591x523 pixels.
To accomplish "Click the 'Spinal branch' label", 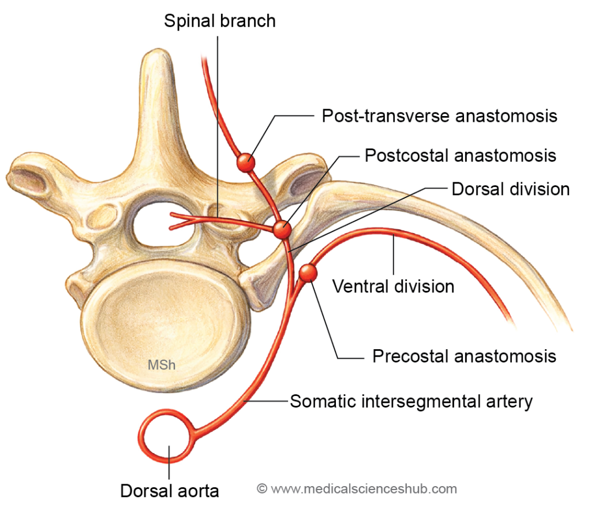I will pyautogui.click(x=219, y=21).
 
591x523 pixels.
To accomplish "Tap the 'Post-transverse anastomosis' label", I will pyautogui.click(x=439, y=115).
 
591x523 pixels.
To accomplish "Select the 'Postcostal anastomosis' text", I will pyautogui.click(x=460, y=155).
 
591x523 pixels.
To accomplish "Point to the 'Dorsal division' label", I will pyautogui.click(x=510, y=189).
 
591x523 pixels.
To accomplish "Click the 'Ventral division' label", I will pyautogui.click(x=393, y=286).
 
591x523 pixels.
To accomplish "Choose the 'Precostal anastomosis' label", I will pyautogui.click(x=464, y=356).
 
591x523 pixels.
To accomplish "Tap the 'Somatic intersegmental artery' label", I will pyautogui.click(x=411, y=401).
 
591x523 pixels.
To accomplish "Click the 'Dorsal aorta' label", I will pyautogui.click(x=170, y=491).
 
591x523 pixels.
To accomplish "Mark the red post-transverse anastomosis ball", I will pyautogui.click(x=246, y=162).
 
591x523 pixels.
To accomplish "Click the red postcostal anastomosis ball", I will pyautogui.click(x=282, y=229).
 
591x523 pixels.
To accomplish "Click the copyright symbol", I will pyautogui.click(x=262, y=489).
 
